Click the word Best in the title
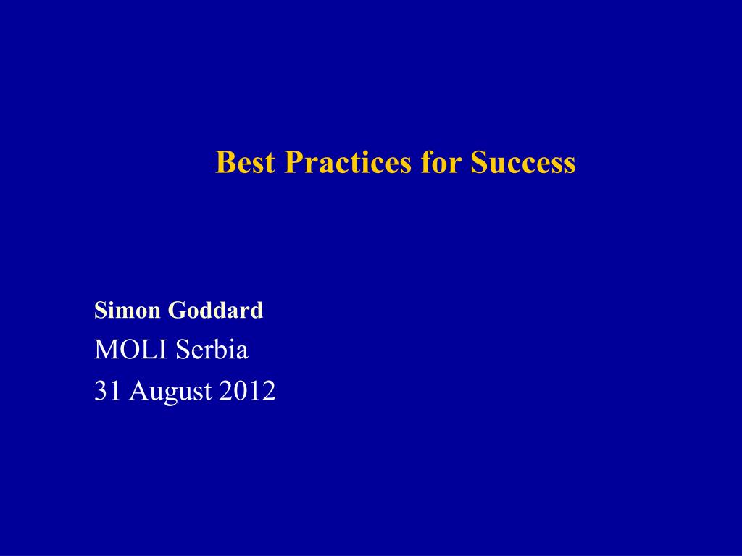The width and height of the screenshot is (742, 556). point(245,162)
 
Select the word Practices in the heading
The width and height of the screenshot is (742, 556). point(348,162)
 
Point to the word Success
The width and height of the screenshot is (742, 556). point(523,162)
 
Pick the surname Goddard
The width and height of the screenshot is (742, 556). point(215,310)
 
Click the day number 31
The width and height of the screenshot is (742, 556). point(107,391)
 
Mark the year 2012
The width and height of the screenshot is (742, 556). point(247,391)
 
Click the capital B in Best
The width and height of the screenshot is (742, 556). point(225,162)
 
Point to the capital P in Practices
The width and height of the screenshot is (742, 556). point(293,162)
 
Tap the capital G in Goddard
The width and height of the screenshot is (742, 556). point(176,310)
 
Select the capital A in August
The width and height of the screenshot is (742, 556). point(137,391)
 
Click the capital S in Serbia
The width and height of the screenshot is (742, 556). point(182,350)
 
